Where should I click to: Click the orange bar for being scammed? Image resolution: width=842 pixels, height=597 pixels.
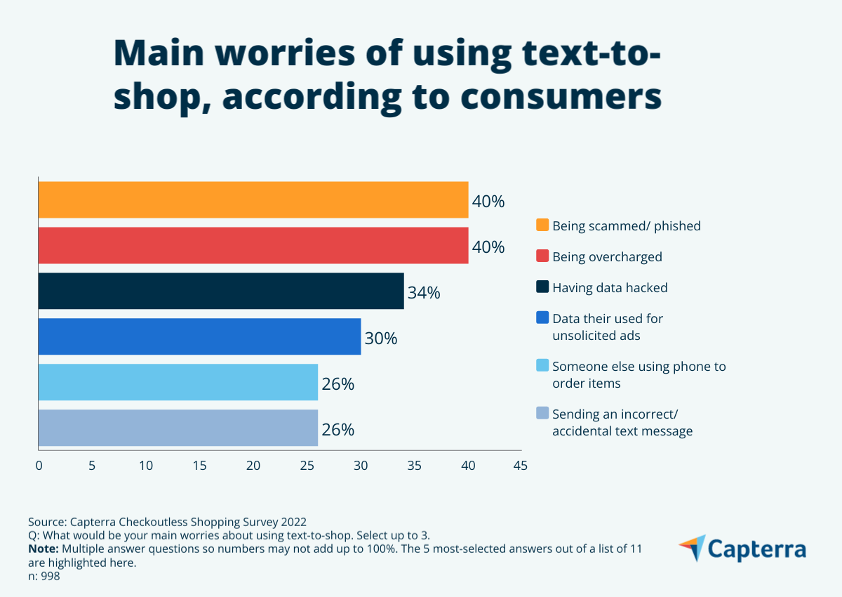pos(253,200)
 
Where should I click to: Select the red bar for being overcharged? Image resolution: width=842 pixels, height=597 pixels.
pos(253,246)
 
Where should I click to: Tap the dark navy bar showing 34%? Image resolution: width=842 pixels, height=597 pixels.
pos(221,291)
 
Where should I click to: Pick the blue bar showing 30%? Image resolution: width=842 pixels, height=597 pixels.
pos(199,336)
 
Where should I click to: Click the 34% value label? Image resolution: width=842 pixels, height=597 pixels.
pos(424,293)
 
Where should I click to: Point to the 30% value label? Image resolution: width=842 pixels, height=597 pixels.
pos(381,339)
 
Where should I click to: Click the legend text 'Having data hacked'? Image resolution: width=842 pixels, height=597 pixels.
pos(610,287)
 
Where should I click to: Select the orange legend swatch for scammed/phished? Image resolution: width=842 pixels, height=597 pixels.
pos(542,225)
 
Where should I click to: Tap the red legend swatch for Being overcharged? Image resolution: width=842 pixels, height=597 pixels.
pos(542,256)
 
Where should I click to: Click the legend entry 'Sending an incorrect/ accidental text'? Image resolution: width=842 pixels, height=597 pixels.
pos(622,422)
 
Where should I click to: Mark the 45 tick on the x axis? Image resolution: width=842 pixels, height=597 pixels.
pos(520,465)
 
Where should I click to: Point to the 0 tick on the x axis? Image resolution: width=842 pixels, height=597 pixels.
pos(39,465)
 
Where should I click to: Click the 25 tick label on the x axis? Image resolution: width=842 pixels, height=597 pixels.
pos(307,465)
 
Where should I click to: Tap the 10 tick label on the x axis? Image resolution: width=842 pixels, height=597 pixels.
pos(146,465)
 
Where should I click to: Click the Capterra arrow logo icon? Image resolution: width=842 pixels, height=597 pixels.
pos(692,548)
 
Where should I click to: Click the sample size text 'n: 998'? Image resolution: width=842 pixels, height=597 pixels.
pos(44,576)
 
